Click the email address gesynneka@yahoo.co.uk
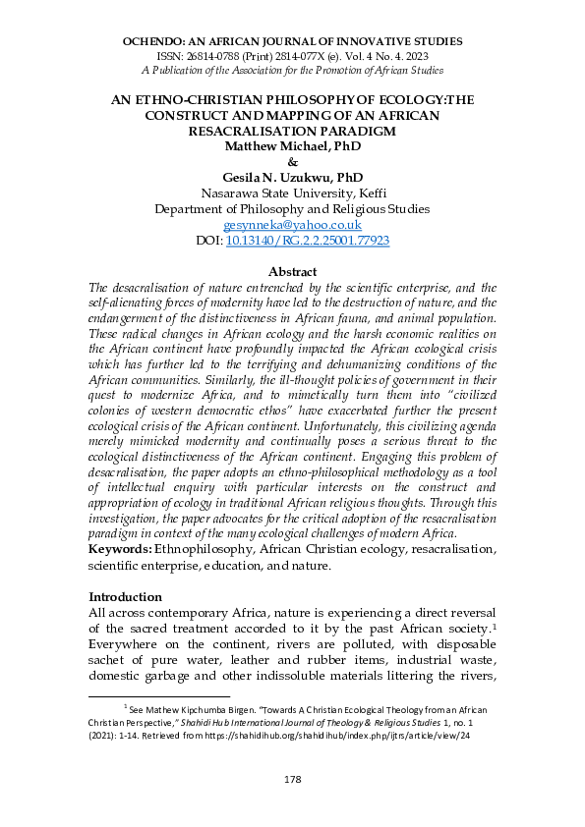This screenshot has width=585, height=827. click(x=292, y=224)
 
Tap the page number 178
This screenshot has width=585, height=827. click(x=292, y=779)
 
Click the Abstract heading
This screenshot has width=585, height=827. click(x=292, y=271)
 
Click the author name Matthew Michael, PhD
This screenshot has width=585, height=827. click(x=292, y=146)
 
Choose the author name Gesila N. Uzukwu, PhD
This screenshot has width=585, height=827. click(x=292, y=177)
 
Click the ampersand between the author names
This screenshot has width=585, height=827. click(x=292, y=162)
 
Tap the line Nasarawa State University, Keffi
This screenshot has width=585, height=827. click(x=292, y=193)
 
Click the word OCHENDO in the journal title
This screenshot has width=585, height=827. click(x=155, y=42)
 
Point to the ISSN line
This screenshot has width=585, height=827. click(x=292, y=57)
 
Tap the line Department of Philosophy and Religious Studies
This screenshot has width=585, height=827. click(x=292, y=208)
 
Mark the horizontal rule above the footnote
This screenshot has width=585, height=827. click(x=173, y=694)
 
